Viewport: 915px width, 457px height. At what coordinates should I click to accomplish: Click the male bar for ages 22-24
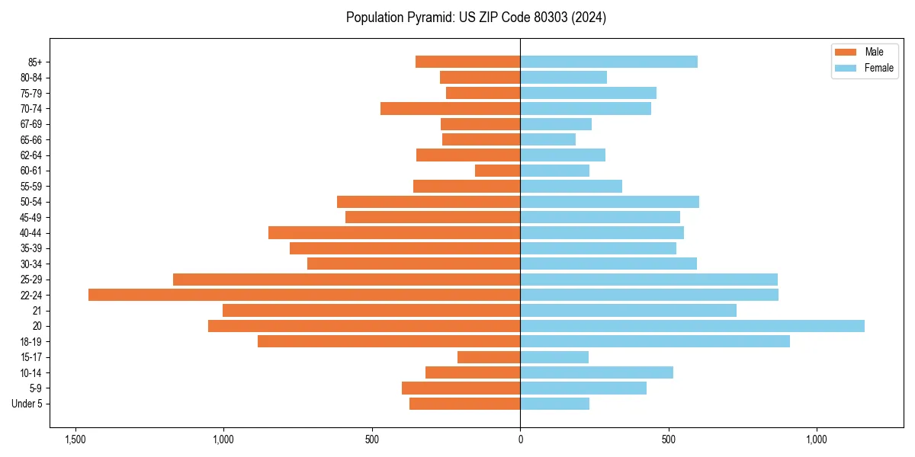(305, 295)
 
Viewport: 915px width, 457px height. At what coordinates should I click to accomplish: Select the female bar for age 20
(692, 326)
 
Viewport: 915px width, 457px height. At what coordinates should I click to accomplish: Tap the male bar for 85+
(467, 62)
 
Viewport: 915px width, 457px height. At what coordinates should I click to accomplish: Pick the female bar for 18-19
(655, 341)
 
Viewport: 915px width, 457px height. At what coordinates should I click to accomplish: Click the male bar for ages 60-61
(497, 171)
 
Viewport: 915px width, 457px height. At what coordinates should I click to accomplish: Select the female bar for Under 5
(554, 404)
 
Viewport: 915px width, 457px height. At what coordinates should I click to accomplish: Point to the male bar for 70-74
(450, 108)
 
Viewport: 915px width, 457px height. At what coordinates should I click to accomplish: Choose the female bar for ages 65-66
(547, 139)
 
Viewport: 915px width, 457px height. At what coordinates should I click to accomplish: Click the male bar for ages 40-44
(394, 232)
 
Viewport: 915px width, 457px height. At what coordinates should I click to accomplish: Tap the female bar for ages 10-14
(596, 372)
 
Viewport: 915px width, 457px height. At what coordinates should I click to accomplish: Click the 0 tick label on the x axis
(520, 439)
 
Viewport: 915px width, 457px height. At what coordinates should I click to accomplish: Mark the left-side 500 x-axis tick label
(372, 439)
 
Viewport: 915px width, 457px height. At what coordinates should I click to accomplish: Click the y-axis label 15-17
(31, 357)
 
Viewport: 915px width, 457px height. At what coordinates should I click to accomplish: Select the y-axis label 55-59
(31, 186)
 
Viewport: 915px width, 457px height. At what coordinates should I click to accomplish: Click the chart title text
(476, 18)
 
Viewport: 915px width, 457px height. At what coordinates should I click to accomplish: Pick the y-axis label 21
(37, 311)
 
